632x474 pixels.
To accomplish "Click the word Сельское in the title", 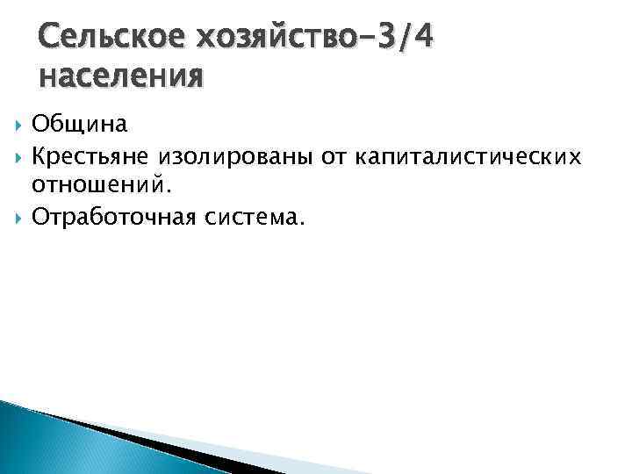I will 103,39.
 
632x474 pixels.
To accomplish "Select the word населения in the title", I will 121,76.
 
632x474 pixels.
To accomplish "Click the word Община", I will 80,124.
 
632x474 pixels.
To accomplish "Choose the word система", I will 260,217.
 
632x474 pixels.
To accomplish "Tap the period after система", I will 303,222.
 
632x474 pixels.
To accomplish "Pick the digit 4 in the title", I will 422,39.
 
